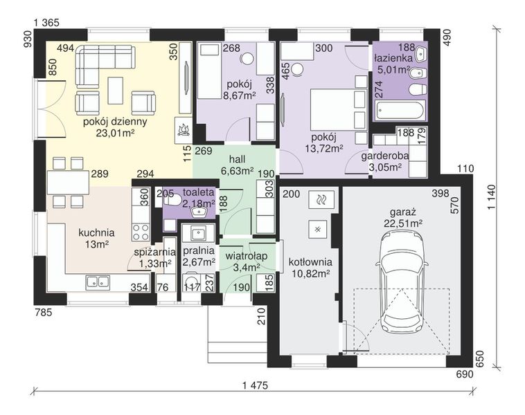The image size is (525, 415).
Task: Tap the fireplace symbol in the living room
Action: [x=184, y=131]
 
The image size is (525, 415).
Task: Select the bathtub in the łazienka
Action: [x=400, y=110]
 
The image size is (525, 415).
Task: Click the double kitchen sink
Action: [x=98, y=282]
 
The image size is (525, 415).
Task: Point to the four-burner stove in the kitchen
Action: [x=141, y=232]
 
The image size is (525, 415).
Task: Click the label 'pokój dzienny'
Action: [x=115, y=122]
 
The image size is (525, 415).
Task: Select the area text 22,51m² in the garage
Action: [x=403, y=223]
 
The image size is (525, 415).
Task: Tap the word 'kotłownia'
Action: [x=310, y=262]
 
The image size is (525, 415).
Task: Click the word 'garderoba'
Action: [x=385, y=156]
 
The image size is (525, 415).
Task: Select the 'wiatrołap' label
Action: [x=247, y=256]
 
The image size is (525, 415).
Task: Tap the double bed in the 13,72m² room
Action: [x=338, y=109]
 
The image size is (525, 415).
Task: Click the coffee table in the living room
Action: [x=116, y=91]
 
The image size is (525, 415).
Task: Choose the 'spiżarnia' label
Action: [x=154, y=252]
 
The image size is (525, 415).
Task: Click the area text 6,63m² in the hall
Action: [x=237, y=171]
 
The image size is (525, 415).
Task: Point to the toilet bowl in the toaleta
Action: [x=172, y=200]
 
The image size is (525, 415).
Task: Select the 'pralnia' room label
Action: [x=199, y=250]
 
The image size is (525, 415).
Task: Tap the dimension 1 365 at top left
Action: [x=46, y=23]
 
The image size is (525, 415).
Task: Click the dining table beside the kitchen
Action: [x=68, y=182]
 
